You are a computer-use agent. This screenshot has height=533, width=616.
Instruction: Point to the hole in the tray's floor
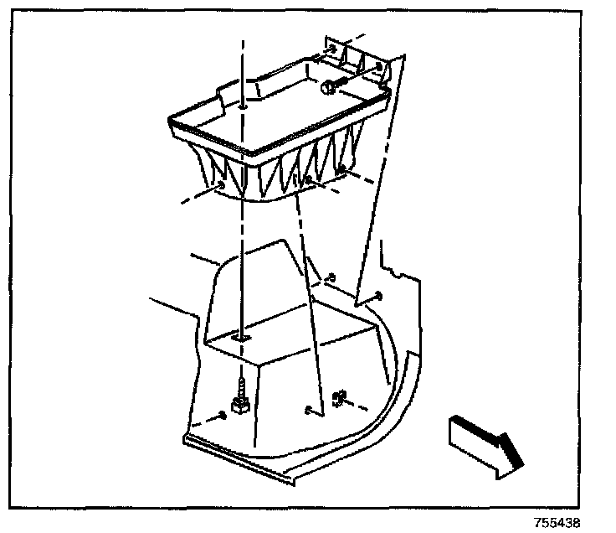tap(242, 107)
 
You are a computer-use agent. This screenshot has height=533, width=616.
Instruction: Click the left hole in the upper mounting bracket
tap(335, 49)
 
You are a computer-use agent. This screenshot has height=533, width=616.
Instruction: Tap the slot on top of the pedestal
tap(241, 336)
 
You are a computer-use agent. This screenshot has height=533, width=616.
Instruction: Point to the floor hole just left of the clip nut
tap(309, 409)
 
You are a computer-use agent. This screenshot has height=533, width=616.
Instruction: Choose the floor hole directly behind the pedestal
tap(332, 277)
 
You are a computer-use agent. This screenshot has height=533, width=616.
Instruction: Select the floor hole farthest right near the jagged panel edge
tap(379, 294)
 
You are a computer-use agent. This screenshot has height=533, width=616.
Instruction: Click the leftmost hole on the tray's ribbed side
tap(219, 184)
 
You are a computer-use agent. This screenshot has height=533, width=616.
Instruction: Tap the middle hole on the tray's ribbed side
tap(308, 179)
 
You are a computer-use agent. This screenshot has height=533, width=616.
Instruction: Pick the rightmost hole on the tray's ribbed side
tap(342, 171)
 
